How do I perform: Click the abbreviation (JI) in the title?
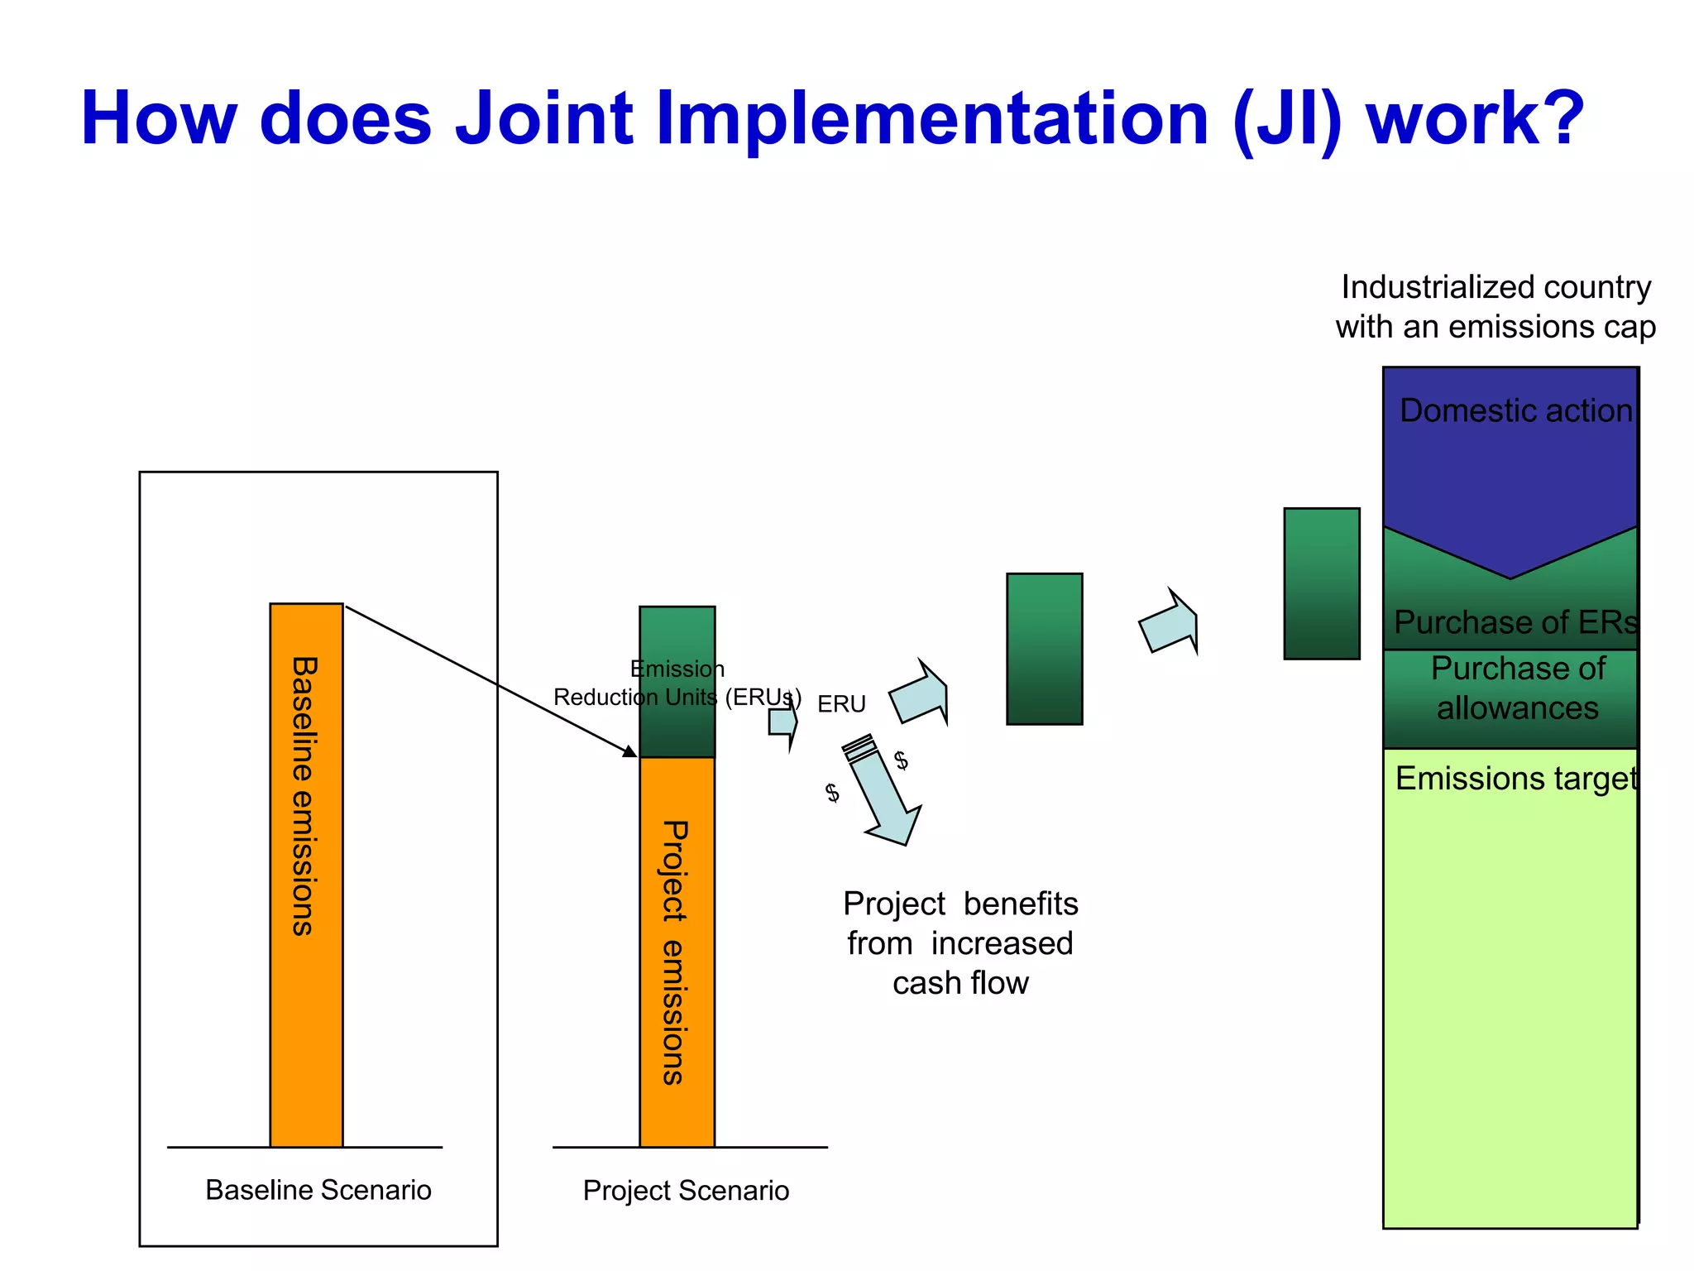1286,120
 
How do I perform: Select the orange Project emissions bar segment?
677,952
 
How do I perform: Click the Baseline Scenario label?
318,1190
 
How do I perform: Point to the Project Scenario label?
686,1191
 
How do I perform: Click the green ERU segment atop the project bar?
677,637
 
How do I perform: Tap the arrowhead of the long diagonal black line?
630,751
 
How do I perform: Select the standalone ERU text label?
841,704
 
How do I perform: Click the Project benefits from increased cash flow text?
960,943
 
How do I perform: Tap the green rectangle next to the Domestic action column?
1321,583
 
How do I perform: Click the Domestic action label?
1515,410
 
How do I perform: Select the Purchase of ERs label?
1515,622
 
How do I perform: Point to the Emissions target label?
1515,779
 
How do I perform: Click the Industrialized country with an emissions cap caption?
1495,307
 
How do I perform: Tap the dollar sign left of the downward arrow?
832,793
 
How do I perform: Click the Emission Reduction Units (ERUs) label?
677,683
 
